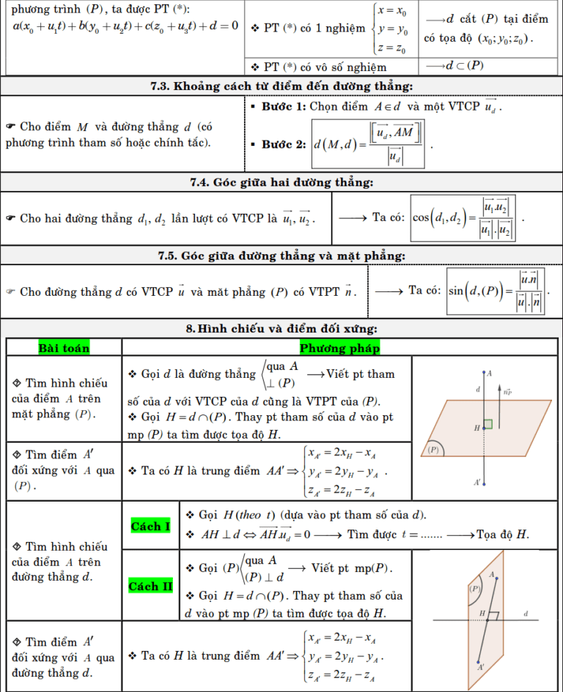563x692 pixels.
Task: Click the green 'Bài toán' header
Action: (x=64, y=348)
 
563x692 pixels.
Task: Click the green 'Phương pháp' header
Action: (x=339, y=348)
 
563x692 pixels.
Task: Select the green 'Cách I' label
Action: (x=150, y=526)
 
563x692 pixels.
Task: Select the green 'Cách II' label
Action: (x=150, y=586)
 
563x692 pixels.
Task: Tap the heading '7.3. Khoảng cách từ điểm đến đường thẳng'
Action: (x=281, y=86)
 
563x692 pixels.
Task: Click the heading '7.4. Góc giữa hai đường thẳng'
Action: (x=281, y=182)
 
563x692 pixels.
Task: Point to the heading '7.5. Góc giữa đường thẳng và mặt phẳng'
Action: (x=281, y=256)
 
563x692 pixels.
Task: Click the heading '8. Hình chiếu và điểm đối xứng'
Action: (x=281, y=329)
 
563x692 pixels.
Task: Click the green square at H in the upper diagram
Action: (x=487, y=424)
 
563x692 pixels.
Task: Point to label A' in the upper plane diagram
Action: (x=477, y=482)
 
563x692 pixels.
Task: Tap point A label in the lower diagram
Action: (x=491, y=574)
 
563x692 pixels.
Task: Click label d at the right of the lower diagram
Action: (x=526, y=613)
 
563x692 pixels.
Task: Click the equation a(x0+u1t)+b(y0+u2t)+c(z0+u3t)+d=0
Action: (x=122, y=26)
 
